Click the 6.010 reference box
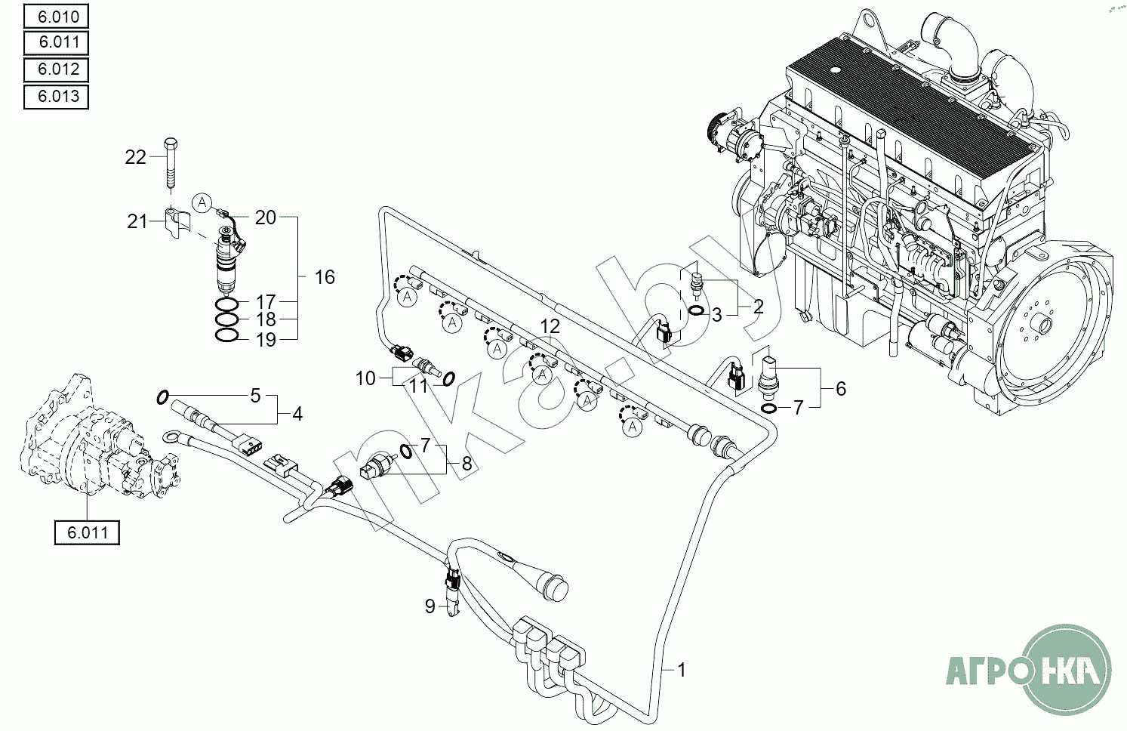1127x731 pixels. [56, 16]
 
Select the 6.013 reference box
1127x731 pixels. [56, 96]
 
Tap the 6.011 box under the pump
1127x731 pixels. [87, 532]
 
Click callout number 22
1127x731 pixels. [135, 158]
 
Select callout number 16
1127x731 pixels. [325, 277]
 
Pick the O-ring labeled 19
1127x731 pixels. [227, 335]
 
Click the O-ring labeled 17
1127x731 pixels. [227, 304]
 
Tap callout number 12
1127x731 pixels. [550, 327]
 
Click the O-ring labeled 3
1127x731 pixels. [696, 310]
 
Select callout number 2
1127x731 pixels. [758, 306]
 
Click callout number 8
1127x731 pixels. [467, 464]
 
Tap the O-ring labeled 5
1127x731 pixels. [162, 397]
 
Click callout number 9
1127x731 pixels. [430, 606]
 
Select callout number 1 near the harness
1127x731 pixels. [682, 670]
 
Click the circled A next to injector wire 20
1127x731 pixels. [202, 202]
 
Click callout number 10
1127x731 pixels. [366, 378]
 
